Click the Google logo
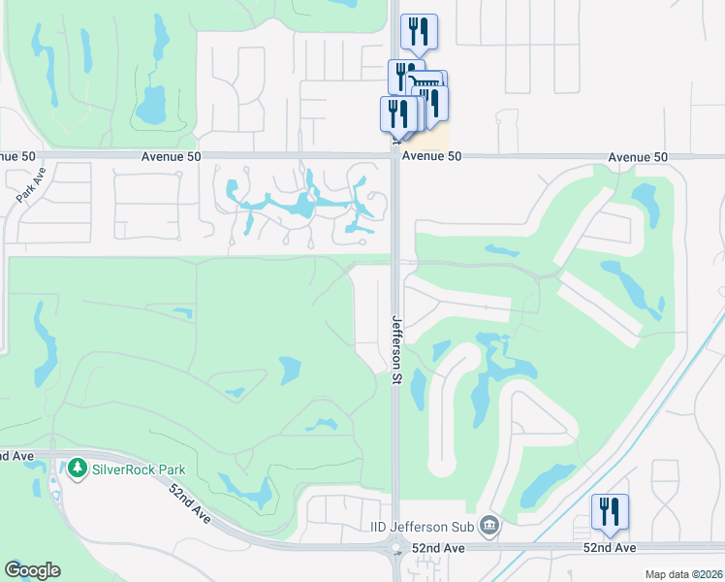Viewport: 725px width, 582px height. (32, 570)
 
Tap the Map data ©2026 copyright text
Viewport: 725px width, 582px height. (683, 574)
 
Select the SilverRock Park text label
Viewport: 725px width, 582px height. (139, 469)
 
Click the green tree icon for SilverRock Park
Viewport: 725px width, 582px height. (78, 469)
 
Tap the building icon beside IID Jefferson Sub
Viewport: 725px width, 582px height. (490, 526)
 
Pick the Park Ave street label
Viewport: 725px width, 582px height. (31, 184)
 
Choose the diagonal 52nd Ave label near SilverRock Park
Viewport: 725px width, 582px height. (189, 501)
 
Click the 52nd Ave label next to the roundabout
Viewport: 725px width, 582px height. (438, 548)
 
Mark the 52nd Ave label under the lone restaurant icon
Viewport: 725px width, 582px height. (611, 548)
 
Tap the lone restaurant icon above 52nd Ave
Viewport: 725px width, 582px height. (610, 511)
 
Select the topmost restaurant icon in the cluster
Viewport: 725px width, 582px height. (419, 30)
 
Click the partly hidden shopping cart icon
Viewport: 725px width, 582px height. (427, 82)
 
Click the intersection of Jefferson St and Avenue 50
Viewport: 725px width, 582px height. (394, 156)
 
